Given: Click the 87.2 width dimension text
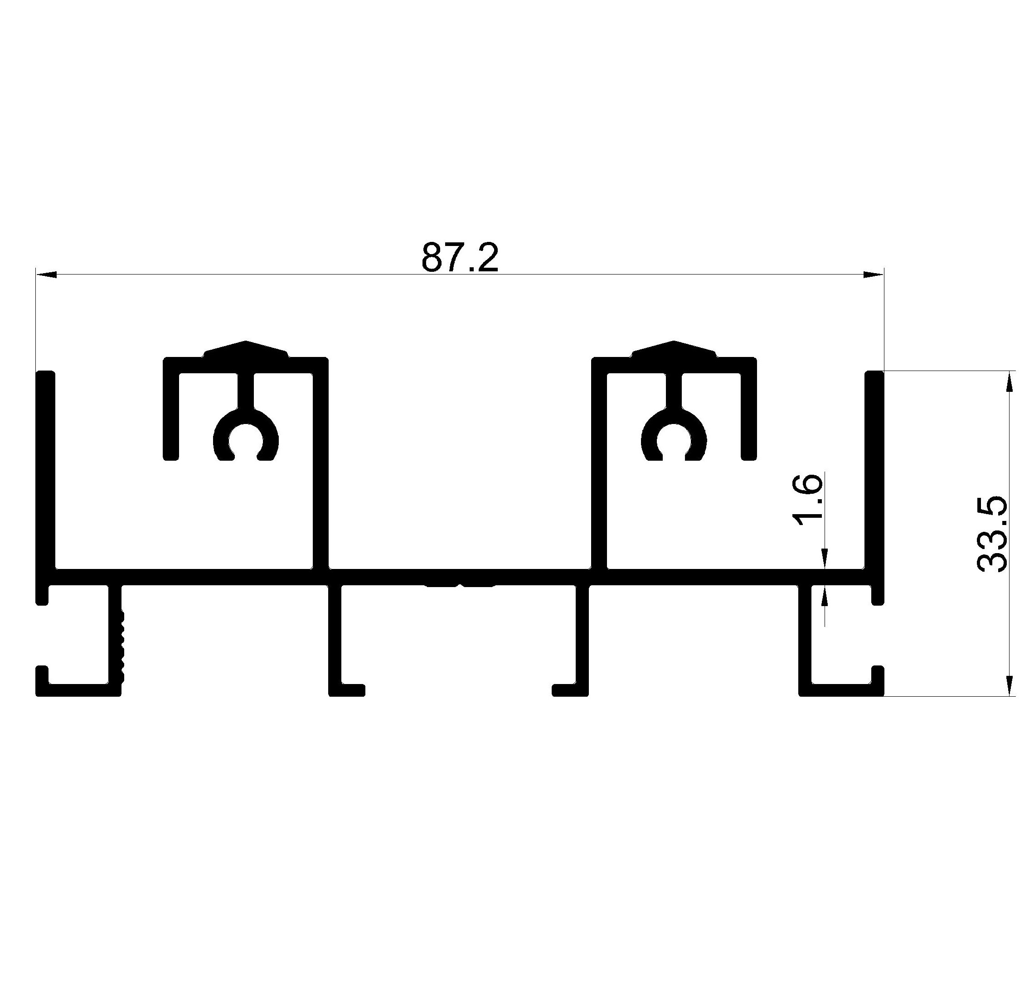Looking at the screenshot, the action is pyautogui.click(x=459, y=257).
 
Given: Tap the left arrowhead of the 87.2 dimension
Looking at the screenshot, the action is pyautogui.click(x=46, y=274).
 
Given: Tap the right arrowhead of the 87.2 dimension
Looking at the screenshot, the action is pyautogui.click(x=874, y=274).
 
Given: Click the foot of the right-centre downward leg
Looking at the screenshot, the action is pyautogui.click(x=570, y=690).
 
